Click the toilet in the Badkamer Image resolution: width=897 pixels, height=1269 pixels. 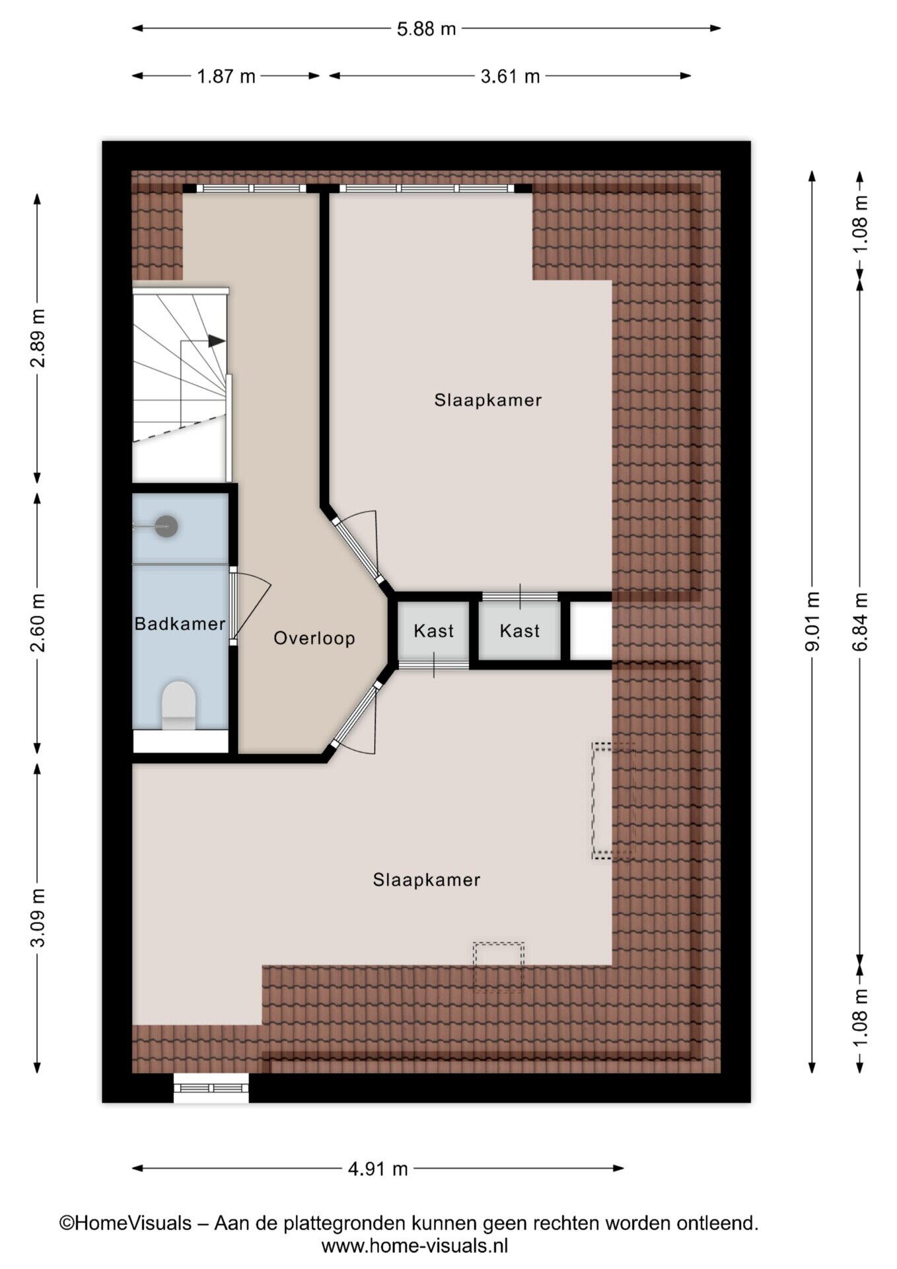(179, 705)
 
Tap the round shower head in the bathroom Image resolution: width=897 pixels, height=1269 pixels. (166, 526)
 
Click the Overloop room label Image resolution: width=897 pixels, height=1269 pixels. (314, 638)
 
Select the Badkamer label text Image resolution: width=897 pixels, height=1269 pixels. (180, 624)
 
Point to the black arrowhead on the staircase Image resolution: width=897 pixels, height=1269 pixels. (217, 341)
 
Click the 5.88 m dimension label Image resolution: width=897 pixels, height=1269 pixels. (426, 29)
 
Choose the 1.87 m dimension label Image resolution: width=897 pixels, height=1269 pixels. (226, 77)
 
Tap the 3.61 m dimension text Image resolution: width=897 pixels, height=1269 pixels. (510, 77)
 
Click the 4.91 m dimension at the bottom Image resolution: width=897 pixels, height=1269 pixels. (378, 1169)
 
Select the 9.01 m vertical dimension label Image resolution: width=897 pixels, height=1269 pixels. (812, 622)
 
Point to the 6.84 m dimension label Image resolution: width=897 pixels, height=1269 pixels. (860, 622)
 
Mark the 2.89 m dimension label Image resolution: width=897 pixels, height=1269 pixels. (38, 338)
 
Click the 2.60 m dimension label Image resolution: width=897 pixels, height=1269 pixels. (38, 622)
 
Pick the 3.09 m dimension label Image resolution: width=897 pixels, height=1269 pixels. (38, 918)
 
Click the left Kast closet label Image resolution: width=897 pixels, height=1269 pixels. (433, 631)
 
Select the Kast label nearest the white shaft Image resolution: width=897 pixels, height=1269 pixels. (520, 631)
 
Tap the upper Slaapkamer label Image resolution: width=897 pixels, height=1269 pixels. (488, 400)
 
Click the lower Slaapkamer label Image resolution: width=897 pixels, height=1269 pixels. (427, 880)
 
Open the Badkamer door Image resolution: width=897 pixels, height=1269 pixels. (233, 605)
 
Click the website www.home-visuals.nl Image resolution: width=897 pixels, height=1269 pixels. (415, 1246)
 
